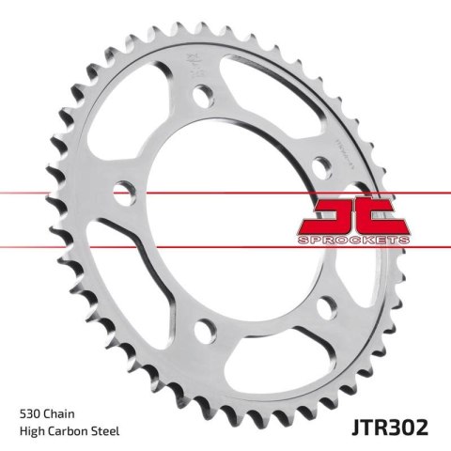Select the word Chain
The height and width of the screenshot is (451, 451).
pos(64,412)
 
